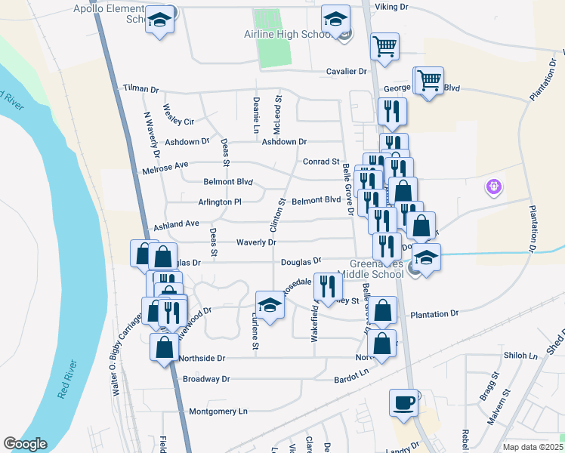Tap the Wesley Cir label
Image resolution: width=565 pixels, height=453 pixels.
tap(178, 121)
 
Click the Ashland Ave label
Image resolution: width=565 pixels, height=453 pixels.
tap(176, 223)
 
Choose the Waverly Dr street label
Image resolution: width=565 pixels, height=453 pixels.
tap(255, 242)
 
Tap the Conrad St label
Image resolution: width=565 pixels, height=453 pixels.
tap(321, 162)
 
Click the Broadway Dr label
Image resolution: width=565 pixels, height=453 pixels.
tap(205, 378)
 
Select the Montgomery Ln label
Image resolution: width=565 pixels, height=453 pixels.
tap(218, 411)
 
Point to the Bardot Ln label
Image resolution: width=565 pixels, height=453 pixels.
tap(353, 373)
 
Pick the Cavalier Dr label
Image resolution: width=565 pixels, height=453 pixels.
tap(345, 71)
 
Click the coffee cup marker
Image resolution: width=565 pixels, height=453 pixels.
tap(404, 401)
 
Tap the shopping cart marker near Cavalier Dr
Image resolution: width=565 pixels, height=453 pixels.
tap(385, 45)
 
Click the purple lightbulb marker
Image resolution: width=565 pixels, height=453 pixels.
tap(495, 185)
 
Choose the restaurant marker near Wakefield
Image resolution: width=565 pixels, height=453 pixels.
tap(326, 286)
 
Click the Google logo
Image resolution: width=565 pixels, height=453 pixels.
tap(25, 444)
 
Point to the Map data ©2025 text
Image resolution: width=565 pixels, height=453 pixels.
tap(533, 447)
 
